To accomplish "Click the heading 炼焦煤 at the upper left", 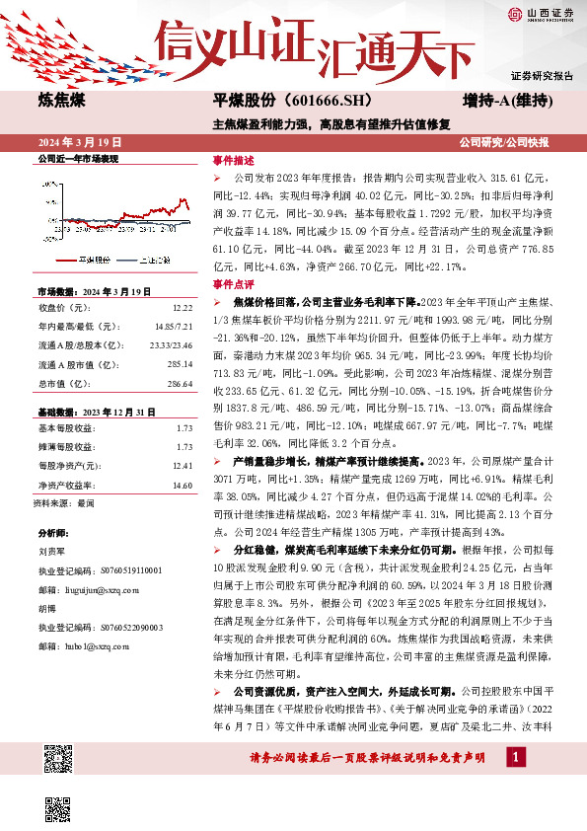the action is coord(62,101).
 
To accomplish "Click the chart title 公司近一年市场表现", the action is coord(77,158).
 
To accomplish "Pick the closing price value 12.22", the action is coord(180,308).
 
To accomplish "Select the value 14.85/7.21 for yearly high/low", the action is coord(173,325).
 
